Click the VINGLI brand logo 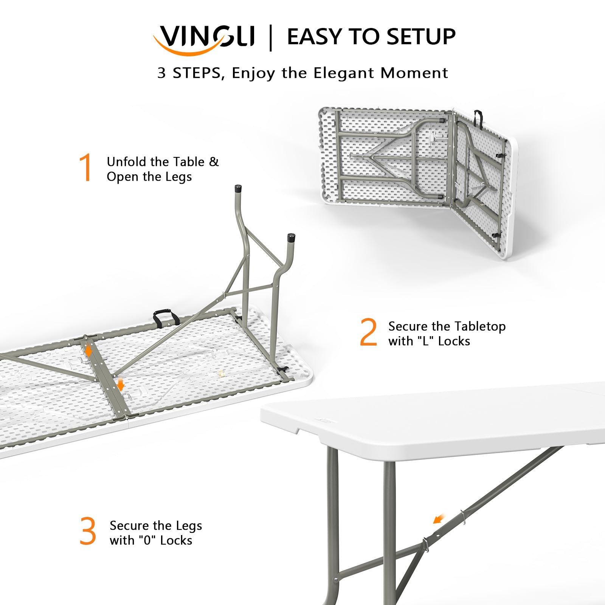[204, 38]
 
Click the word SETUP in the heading [420, 37]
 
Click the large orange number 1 [86, 167]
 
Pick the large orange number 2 [368, 332]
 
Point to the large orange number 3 [88, 531]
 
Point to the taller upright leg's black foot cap [238, 188]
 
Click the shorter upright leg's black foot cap [291, 238]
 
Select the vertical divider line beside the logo [270, 37]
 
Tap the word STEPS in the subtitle [197, 73]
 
